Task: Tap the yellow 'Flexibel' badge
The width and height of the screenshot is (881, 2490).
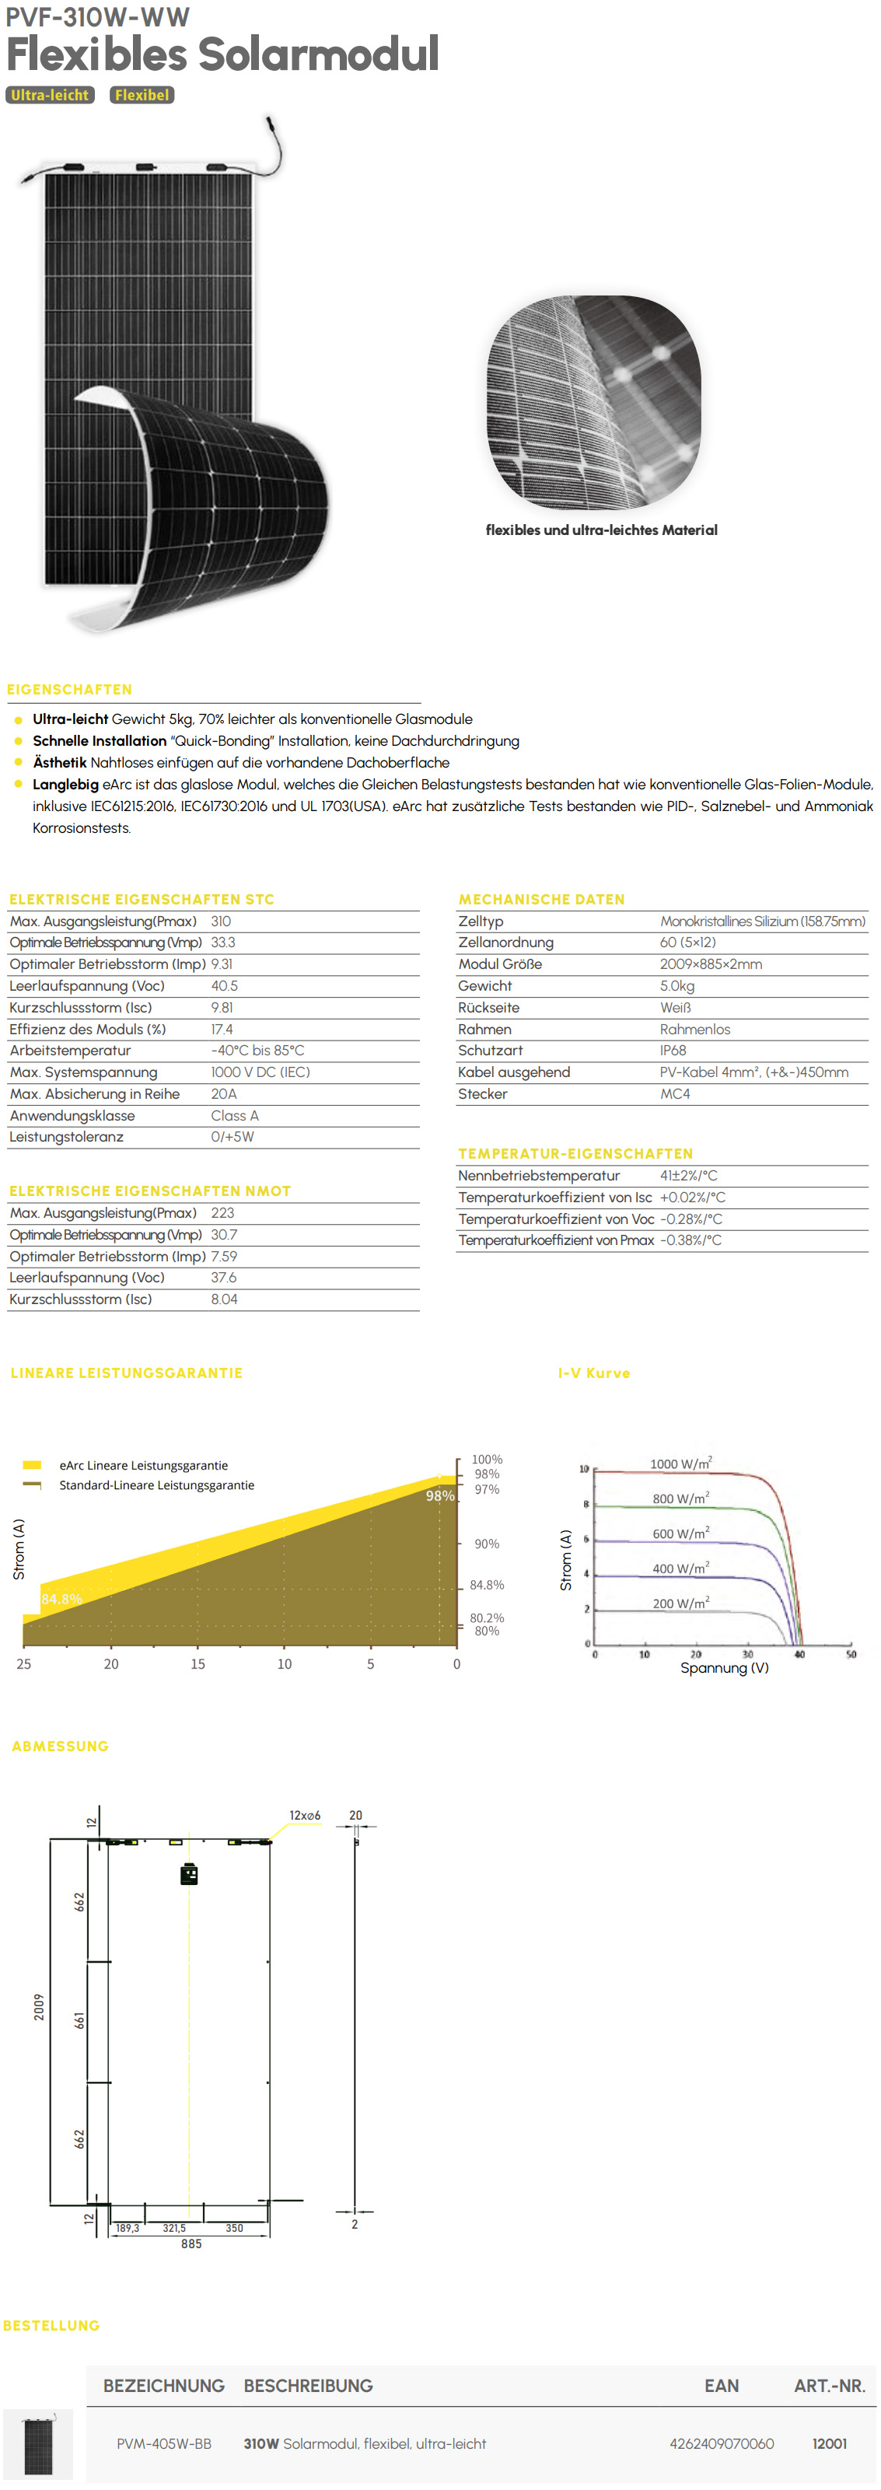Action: point(142,95)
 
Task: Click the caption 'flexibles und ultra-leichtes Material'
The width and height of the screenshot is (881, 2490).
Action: point(600,530)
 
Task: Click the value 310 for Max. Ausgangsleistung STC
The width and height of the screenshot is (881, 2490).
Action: point(221,922)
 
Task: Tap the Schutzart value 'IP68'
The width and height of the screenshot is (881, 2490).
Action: point(673,1051)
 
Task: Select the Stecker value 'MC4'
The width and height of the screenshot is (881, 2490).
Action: point(675,1094)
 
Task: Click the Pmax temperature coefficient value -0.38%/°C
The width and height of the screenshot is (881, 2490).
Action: point(690,1240)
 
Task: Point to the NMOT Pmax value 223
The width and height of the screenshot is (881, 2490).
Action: point(222,1213)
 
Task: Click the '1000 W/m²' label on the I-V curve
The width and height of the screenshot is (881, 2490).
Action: point(681,1464)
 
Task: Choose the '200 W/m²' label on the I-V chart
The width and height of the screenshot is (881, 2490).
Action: point(681,1603)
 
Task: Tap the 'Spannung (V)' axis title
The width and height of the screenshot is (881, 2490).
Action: point(725,1667)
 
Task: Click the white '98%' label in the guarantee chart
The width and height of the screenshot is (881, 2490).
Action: point(440,1495)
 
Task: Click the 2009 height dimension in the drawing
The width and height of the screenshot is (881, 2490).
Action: point(39,2006)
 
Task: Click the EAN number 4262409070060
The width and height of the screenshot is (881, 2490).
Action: point(722,2443)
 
